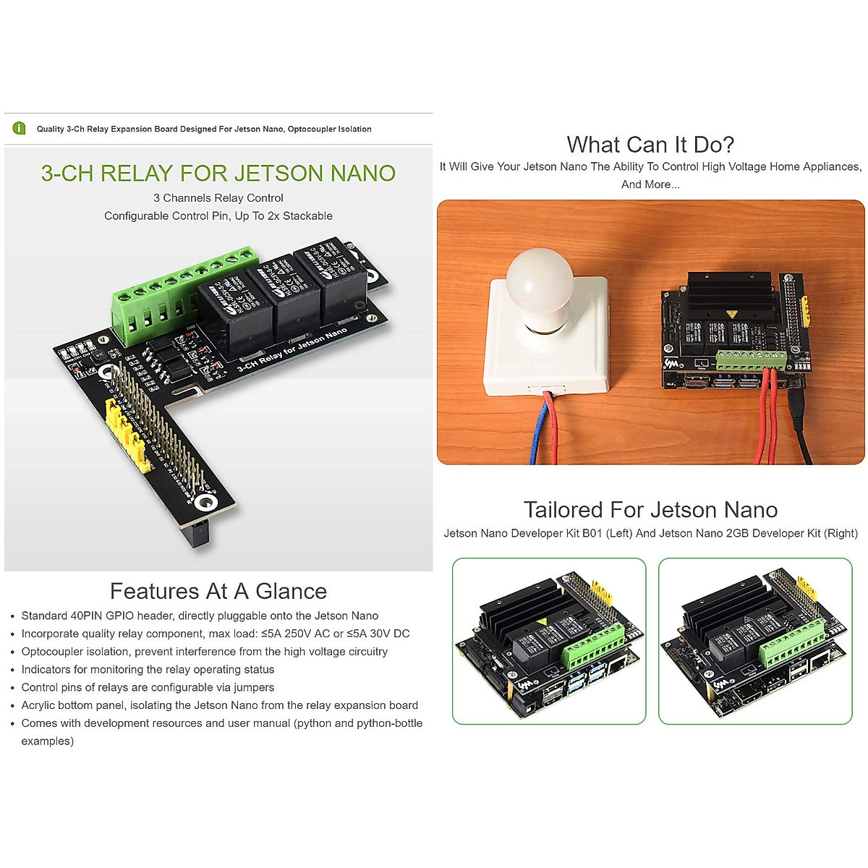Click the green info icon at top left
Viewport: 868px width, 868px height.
coord(20,129)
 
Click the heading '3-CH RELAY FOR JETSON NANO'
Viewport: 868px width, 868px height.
coord(218,174)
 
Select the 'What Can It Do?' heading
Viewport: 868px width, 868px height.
coord(650,145)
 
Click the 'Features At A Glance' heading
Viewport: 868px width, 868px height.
coord(218,591)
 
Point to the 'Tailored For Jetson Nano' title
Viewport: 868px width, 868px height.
coord(650,510)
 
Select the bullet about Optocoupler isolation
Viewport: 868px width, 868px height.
coord(204,652)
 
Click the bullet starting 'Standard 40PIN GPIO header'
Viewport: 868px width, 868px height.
coord(200,616)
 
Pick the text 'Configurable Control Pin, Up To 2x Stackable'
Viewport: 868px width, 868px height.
coord(218,216)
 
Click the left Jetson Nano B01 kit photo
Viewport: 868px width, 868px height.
coord(549,641)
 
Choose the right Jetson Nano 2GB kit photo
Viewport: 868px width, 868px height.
coord(755,641)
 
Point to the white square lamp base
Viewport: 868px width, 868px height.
coord(546,354)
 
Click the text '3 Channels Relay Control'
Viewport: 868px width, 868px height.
coord(218,198)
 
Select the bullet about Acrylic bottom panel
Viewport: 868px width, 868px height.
coord(219,705)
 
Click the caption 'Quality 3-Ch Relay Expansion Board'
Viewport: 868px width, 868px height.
coord(204,129)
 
